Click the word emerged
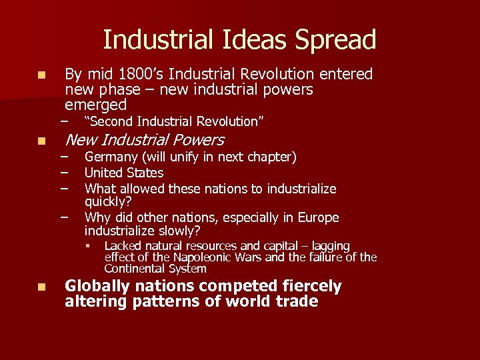pos(95,105)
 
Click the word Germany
pos(111,157)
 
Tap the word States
pos(144,173)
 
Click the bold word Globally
pos(96,287)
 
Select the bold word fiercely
pos(307,287)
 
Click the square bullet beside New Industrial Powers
pos(41,141)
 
